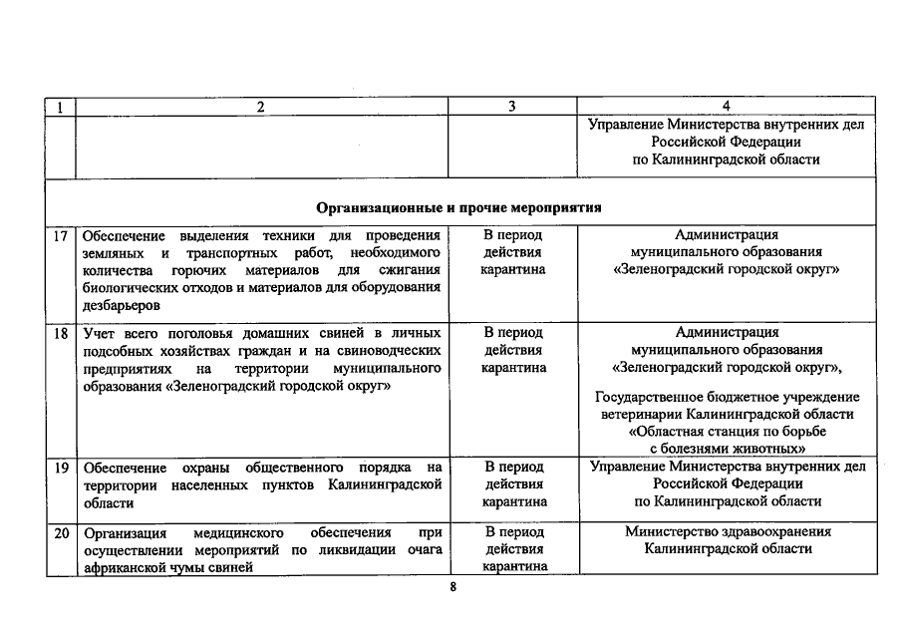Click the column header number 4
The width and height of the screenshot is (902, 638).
point(727,107)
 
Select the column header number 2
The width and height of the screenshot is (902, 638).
point(261,107)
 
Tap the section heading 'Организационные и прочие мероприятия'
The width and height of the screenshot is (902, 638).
point(459,210)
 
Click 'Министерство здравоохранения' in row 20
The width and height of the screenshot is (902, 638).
point(728,532)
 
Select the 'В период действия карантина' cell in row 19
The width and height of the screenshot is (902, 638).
point(512,484)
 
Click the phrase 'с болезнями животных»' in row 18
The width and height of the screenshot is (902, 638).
point(728,450)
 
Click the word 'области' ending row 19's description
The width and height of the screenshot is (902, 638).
point(102,502)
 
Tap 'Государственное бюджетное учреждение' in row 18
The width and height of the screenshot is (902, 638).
point(728,398)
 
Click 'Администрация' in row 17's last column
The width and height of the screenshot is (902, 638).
point(728,235)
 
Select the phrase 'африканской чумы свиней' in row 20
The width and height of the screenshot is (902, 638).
point(164,567)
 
